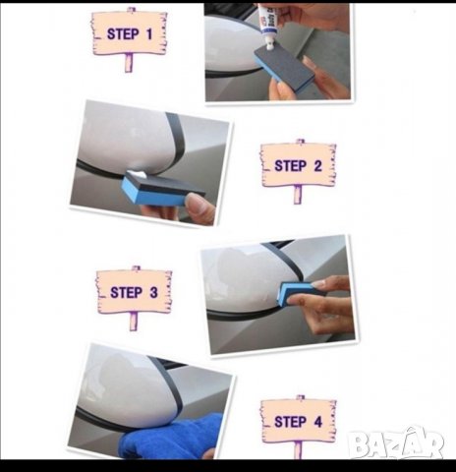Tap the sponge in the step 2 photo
tap(162, 190)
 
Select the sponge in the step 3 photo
tap(297, 292)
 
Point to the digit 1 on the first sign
tap(149, 34)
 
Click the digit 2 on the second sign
tap(317, 166)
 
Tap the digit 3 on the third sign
tap(153, 292)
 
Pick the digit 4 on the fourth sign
tap(318, 422)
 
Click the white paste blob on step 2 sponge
tap(137, 174)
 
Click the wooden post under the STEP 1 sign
tap(129, 62)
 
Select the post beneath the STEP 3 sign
tap(134, 322)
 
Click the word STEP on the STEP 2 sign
tap(291, 166)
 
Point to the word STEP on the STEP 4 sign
tap(291, 422)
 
